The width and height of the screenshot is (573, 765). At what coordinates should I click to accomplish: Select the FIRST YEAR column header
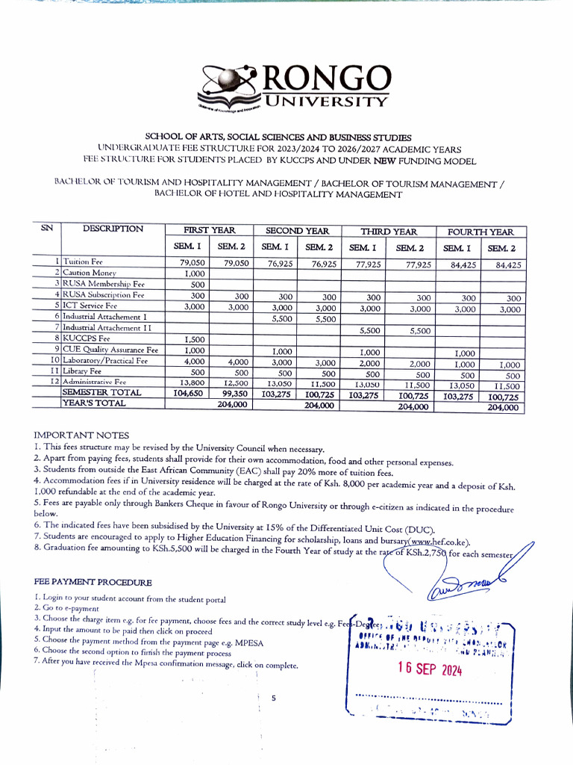tap(209, 231)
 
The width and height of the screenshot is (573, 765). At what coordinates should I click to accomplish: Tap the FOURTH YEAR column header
tap(480, 232)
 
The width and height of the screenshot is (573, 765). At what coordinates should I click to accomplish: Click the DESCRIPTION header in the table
tap(113, 229)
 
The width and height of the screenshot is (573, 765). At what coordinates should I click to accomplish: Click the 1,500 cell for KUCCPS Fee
tap(194, 339)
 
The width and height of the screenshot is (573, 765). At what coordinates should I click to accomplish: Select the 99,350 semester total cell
tap(231, 393)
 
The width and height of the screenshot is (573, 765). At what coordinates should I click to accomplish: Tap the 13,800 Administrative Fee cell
tap(192, 382)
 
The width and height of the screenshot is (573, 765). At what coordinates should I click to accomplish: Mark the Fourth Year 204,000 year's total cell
tap(501, 407)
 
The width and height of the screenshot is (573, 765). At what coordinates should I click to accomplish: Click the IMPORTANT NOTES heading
tap(81, 435)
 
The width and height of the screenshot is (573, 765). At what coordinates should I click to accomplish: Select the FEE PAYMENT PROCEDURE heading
tap(93, 582)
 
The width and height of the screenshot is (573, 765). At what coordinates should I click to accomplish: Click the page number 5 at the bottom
tap(274, 699)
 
